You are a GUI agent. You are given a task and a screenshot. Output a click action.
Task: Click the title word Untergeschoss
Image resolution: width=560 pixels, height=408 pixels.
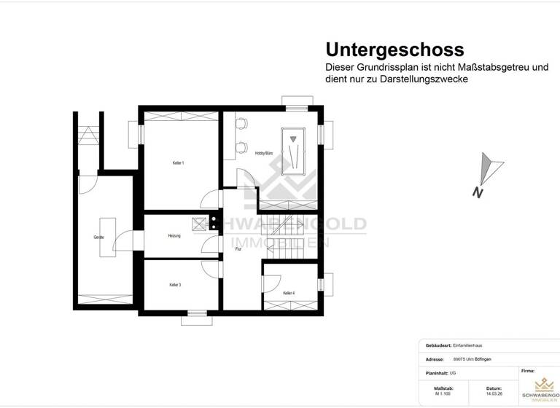coord(394,50)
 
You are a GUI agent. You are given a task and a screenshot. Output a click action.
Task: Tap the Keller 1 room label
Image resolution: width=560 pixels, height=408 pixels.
coord(178,162)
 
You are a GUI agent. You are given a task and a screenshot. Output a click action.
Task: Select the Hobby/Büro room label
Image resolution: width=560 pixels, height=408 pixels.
coord(264,153)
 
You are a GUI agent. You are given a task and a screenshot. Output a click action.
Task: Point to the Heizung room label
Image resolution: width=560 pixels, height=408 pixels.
coord(174,236)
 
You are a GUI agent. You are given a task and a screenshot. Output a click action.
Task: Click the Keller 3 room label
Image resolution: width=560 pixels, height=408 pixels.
coord(175,285)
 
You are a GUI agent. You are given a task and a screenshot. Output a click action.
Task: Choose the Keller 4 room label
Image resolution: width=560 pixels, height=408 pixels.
coord(289,293)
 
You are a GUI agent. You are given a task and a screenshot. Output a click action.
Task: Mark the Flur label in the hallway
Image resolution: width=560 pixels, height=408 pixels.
coord(238,249)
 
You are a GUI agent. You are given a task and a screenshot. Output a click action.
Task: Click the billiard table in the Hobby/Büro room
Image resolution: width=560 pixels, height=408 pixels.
coord(294,152)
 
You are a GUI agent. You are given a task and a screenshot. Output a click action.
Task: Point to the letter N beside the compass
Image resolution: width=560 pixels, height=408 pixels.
coord(477,193)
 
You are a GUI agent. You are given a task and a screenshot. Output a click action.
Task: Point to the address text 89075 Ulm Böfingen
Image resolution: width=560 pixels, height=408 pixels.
coord(478,359)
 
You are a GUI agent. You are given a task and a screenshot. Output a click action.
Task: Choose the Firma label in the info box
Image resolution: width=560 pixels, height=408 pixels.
coord(528,371)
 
